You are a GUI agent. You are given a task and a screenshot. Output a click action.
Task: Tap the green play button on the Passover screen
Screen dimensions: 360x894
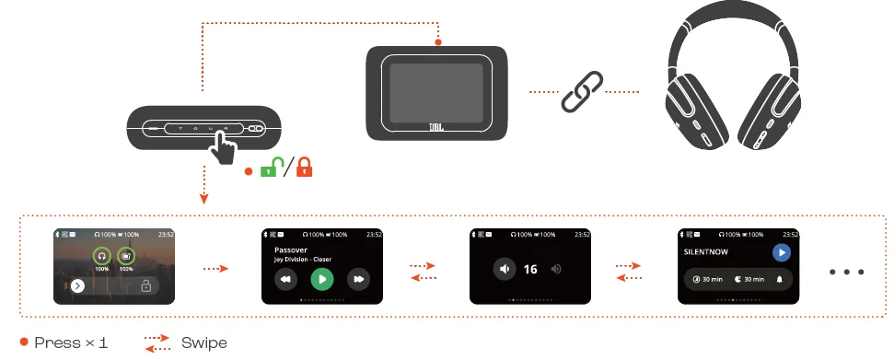[321, 278]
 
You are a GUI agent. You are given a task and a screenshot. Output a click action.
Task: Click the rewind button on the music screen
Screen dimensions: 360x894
[285, 278]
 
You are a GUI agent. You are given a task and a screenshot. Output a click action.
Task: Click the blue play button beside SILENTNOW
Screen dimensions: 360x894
[781, 251]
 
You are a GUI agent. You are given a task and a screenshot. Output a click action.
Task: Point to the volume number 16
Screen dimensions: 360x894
[530, 269]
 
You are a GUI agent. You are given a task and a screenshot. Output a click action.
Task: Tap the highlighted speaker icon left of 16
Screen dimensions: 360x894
[504, 269]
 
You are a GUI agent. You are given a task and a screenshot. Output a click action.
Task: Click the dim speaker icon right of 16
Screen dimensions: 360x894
[556, 269]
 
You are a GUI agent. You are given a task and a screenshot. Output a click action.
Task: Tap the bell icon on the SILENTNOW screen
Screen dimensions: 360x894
[780, 278]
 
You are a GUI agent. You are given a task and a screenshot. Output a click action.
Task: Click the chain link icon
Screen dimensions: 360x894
[582, 91]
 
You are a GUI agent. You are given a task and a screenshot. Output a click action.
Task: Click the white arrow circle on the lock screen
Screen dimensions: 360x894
[78, 286]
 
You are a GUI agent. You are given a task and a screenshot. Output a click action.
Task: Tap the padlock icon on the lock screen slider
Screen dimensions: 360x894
[145, 286]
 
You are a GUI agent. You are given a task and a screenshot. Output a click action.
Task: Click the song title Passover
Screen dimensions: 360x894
[292, 250]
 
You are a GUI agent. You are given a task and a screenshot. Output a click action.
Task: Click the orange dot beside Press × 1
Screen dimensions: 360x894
[24, 343]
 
